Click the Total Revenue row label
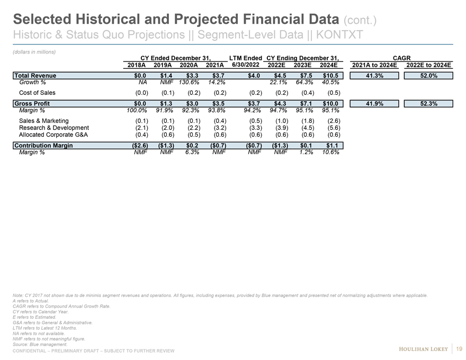(35, 76)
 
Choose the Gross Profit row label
(32, 104)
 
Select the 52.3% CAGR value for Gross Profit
(428, 104)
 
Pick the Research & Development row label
(54, 128)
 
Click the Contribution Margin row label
(43, 146)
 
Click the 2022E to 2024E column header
(428, 66)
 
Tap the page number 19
(459, 348)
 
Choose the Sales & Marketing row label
(46, 121)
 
